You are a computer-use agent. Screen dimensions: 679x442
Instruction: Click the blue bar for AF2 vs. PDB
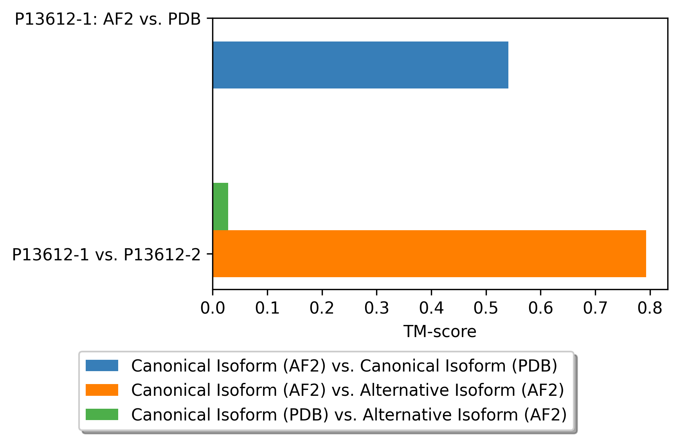coord(360,65)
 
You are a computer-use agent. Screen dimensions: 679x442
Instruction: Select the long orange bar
coord(429,254)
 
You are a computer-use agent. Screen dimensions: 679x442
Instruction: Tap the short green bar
coord(220,206)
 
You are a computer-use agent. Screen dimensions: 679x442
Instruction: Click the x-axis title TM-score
coord(440,332)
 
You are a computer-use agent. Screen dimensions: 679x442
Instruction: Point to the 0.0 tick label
coord(213,308)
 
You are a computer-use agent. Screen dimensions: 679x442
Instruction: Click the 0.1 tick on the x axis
coord(267,308)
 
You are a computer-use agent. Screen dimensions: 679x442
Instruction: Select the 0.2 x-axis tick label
coord(322,308)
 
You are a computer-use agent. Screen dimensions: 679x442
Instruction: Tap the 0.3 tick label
coord(376,308)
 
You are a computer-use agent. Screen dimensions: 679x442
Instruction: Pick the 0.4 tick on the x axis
coord(431,308)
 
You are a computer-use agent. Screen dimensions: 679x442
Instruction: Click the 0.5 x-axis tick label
coord(486,308)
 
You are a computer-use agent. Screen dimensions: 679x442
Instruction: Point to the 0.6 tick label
coord(540,308)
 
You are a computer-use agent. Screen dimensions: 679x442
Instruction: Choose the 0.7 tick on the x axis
coord(595,308)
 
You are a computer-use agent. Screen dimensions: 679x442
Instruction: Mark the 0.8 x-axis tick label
coord(650,308)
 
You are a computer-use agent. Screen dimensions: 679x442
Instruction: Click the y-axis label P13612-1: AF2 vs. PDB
coord(108,19)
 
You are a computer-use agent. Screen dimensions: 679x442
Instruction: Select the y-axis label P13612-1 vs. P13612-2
coord(106,255)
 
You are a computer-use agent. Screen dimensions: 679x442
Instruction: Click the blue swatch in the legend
coord(102,365)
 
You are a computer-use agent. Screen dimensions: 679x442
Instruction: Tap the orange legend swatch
coord(102,390)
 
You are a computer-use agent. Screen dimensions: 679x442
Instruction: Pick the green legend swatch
coord(102,414)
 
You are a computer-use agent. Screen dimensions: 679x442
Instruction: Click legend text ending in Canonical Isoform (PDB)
coord(344,366)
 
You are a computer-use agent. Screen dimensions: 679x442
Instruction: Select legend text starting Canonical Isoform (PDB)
coord(349,415)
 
